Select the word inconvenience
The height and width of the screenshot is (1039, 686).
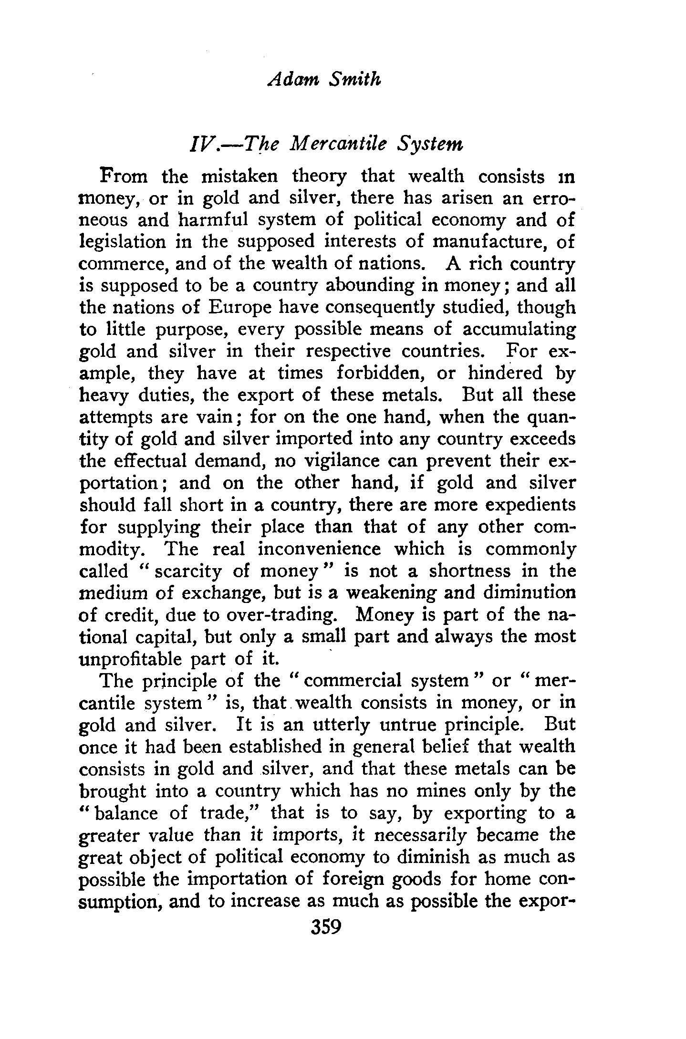tap(319, 549)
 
